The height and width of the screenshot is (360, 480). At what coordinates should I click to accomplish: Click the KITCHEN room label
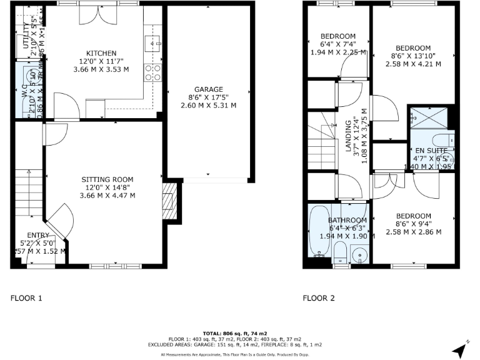coord(101,52)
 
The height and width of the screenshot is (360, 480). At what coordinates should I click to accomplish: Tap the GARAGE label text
coord(209,89)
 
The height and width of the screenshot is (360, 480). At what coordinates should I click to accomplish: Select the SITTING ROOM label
coord(107,179)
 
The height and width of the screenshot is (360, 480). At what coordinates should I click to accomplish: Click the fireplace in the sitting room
coord(167,202)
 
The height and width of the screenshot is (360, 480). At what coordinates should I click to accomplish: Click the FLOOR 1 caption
coord(26,298)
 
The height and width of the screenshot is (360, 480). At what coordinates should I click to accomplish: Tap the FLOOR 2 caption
coord(319,298)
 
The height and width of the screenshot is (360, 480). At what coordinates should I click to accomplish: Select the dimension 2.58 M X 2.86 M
coord(413,232)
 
